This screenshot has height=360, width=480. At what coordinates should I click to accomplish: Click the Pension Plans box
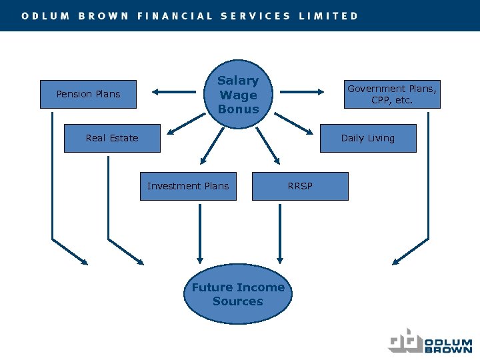[88, 94]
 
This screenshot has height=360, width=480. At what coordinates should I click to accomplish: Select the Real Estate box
[112, 138]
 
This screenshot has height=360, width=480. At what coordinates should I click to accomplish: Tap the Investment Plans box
[187, 186]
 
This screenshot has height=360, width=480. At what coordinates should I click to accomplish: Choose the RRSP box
[300, 186]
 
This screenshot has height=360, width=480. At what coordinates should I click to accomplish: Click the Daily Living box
[368, 138]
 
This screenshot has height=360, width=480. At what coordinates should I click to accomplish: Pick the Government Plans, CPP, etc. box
[392, 94]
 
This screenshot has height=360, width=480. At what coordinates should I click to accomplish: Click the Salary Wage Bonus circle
[238, 94]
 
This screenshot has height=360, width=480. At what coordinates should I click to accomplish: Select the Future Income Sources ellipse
[238, 294]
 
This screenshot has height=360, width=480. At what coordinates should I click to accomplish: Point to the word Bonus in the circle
[238, 109]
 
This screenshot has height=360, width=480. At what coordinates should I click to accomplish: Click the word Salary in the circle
[238, 81]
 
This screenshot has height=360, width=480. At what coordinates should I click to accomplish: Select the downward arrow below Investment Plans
[199, 233]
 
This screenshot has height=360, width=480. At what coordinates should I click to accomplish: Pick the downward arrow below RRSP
[280, 233]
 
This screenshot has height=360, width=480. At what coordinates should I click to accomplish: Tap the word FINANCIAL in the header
[175, 16]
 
